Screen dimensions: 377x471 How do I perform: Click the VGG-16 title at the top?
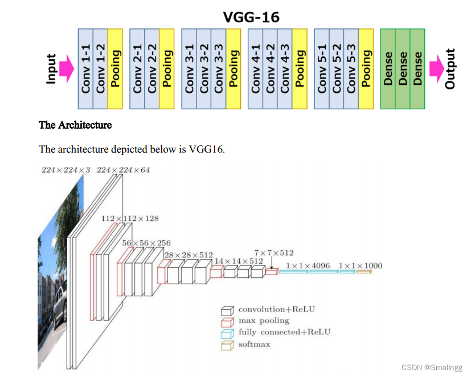tap(251, 17)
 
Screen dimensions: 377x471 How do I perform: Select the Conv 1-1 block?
tap(85, 68)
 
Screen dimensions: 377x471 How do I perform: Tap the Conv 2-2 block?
tap(152, 68)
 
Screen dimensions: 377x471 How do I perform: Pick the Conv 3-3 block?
tap(219, 68)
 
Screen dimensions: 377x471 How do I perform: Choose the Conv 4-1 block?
tap(255, 68)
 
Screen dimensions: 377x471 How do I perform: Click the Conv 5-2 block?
tap(337, 68)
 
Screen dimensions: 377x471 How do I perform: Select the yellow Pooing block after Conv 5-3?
tap(366, 68)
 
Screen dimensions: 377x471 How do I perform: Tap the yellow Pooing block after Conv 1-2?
tap(115, 68)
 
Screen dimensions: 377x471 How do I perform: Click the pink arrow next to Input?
tap(67, 68)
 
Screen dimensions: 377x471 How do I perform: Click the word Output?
tap(450, 68)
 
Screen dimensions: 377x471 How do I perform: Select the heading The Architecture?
tap(75, 125)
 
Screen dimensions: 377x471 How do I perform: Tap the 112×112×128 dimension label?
tap(130, 218)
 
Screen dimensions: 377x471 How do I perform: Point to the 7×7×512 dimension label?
tap(274, 253)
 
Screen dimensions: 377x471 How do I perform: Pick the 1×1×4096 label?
tap(308, 265)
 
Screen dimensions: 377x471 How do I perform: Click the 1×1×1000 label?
tap(361, 265)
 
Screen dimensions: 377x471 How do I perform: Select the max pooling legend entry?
tap(263, 321)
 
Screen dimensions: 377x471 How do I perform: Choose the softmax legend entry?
tap(254, 344)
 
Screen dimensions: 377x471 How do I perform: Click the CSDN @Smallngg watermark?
tap(432, 367)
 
